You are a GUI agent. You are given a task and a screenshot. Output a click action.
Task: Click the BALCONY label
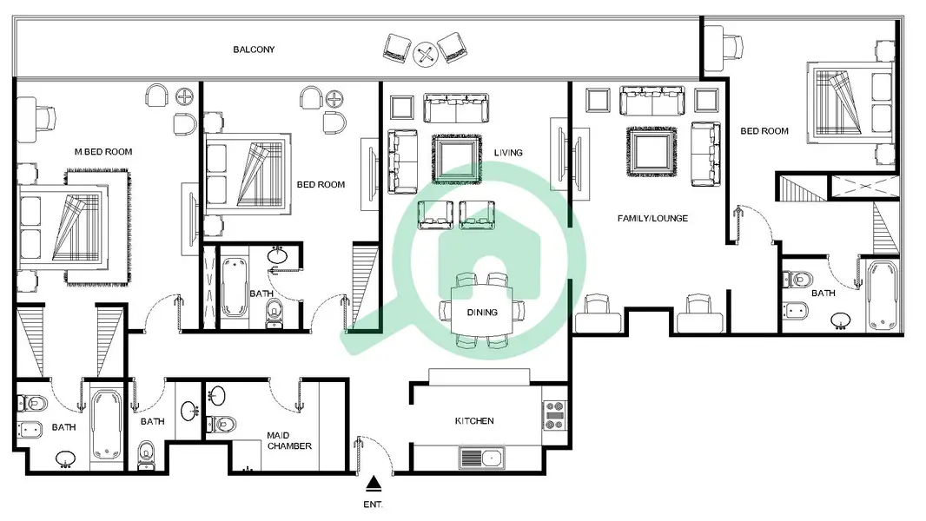click(254, 49)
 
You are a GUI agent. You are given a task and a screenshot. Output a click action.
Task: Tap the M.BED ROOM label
click(103, 152)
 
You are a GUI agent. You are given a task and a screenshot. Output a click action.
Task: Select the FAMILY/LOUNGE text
click(652, 218)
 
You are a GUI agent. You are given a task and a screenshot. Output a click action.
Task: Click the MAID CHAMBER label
click(288, 441)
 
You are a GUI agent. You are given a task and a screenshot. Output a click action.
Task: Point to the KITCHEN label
click(474, 420)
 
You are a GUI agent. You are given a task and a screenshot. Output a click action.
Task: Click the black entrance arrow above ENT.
click(374, 484)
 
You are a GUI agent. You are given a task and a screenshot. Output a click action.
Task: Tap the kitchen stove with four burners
click(554, 415)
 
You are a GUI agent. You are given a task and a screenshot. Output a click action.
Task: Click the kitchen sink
click(482, 458)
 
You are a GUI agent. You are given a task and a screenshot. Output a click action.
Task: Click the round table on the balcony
click(425, 55)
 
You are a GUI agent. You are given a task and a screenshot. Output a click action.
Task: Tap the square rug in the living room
click(456, 159)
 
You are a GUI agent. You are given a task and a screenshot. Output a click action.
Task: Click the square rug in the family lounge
click(652, 152)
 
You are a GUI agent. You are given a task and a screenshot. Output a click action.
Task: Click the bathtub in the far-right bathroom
click(882, 295)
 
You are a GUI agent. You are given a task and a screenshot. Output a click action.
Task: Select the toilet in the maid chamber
click(222, 424)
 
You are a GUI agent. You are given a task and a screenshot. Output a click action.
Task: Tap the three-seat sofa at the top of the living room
click(456, 108)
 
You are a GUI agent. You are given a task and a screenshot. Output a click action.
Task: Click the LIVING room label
click(508, 153)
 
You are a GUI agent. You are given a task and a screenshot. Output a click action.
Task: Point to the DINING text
click(482, 312)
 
